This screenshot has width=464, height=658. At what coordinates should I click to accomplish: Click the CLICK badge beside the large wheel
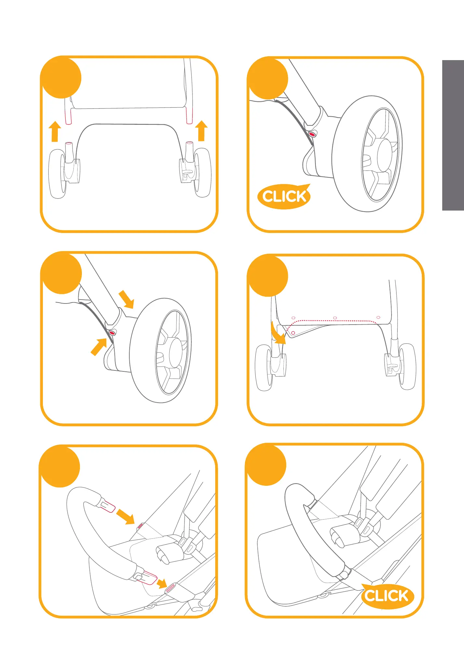tap(284, 196)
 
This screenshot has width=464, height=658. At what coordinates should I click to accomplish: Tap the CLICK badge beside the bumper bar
tap(387, 596)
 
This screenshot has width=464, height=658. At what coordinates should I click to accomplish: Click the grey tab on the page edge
tap(453, 135)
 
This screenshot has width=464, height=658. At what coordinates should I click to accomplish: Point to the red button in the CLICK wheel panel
tap(312, 134)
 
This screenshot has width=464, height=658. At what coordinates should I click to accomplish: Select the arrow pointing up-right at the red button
tap(99, 347)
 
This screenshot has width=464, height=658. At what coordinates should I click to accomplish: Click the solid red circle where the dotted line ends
tap(293, 333)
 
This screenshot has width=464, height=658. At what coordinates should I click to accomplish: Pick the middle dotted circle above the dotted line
tap(335, 318)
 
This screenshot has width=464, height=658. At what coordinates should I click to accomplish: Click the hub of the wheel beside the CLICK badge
tap(384, 155)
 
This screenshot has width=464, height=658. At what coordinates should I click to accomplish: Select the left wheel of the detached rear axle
tap(58, 174)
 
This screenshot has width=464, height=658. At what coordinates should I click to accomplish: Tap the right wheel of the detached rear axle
tap(202, 173)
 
